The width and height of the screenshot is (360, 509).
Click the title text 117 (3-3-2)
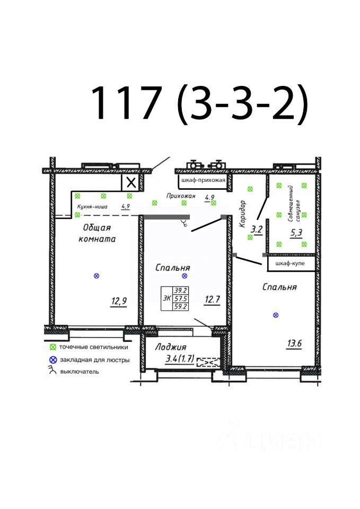[199, 103]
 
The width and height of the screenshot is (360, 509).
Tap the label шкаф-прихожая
[203, 180]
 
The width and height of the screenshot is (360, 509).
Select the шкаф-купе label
[290, 263]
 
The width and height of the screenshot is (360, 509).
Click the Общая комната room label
[98, 233]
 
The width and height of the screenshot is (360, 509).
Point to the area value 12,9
[119, 301]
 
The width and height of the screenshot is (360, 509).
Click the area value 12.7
[212, 299]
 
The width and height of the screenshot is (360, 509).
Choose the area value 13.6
[294, 343]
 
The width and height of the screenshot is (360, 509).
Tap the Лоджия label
[171, 347]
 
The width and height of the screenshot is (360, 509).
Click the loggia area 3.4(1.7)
[180, 359]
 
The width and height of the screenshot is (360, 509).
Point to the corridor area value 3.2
[257, 230]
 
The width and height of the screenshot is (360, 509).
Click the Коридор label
[242, 214]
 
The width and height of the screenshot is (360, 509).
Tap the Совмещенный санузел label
[294, 204]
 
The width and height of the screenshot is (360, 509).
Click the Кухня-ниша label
[92, 206]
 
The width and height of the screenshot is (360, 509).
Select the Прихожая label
[181, 196]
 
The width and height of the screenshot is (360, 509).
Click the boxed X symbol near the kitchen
[131, 183]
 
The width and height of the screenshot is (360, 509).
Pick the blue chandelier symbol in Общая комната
[96, 276]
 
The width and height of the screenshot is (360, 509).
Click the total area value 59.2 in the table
[180, 306]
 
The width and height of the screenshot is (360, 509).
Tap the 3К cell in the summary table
[167, 298]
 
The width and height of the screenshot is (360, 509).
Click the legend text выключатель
[80, 372]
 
